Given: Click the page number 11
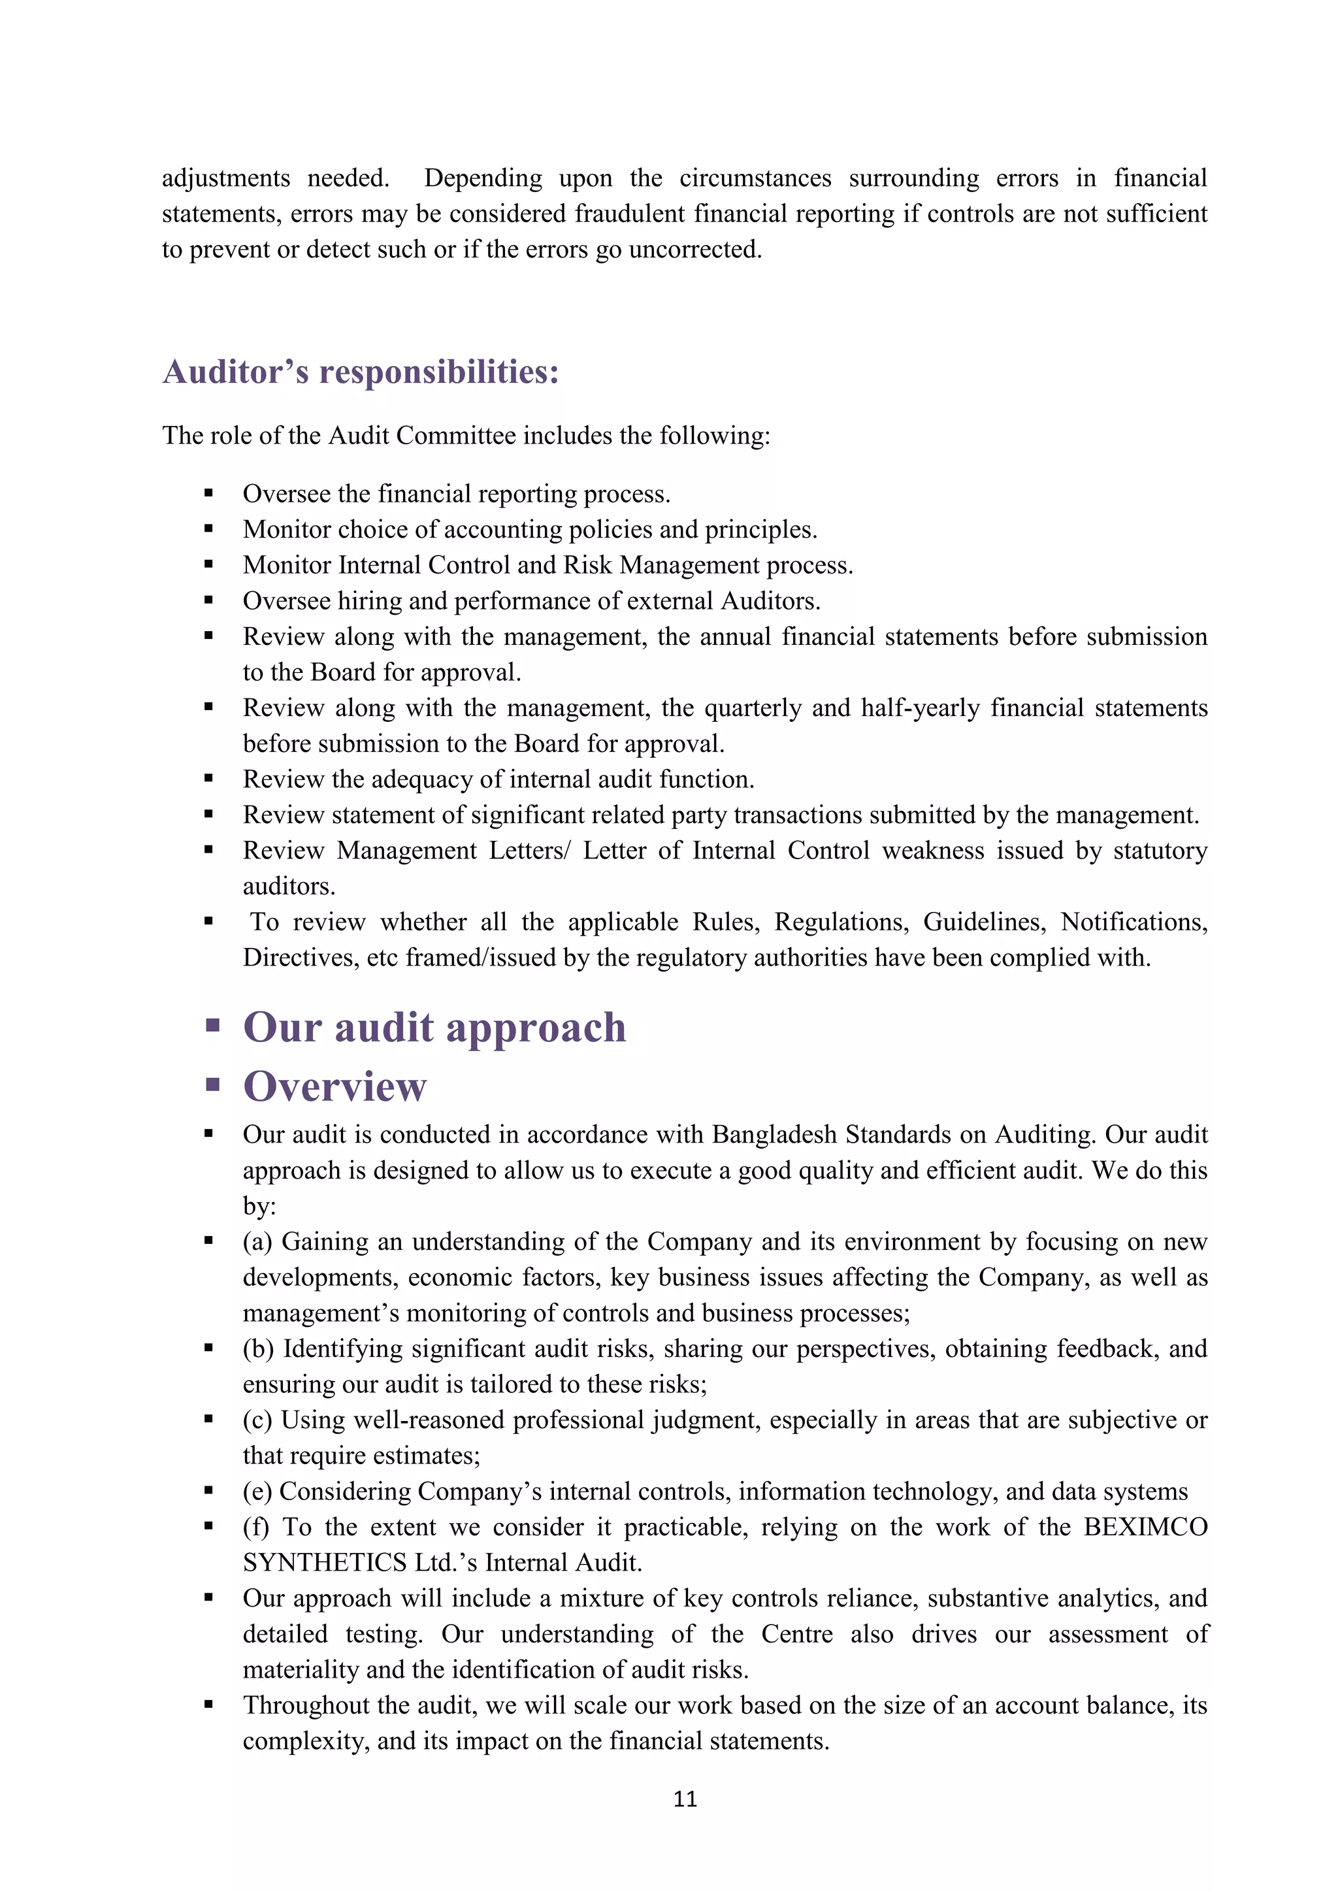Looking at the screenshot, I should pyautogui.click(x=685, y=1798).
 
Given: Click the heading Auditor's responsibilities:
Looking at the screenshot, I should pyautogui.click(x=361, y=372).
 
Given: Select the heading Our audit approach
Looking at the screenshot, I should pyautogui.click(x=434, y=1028).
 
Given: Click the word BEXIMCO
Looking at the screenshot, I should pyautogui.click(x=1145, y=1526).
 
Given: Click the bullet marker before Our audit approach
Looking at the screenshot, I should pyautogui.click(x=212, y=1026).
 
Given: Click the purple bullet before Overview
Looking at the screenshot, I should pyautogui.click(x=212, y=1085).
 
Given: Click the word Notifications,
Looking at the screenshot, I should pyautogui.click(x=1134, y=921).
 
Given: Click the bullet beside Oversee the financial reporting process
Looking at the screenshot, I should pyautogui.click(x=208, y=494).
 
